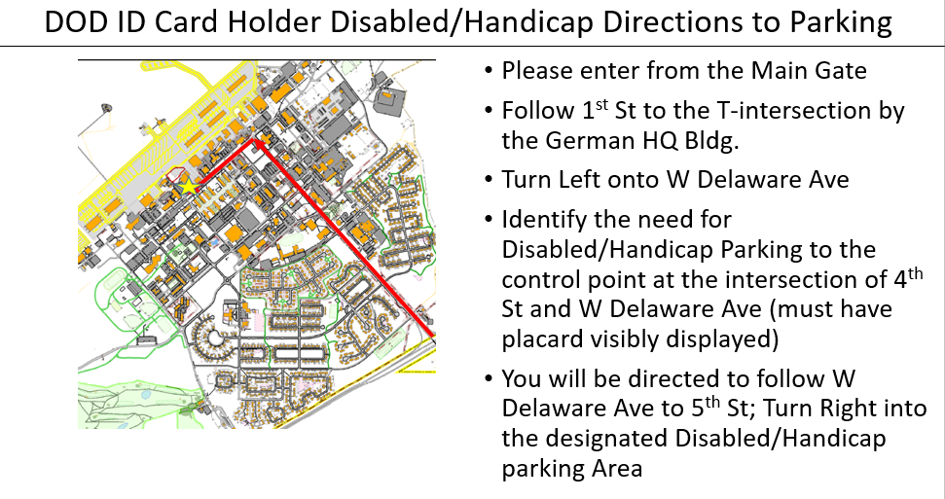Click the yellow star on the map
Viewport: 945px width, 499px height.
click(189, 186)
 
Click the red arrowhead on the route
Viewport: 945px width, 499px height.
click(256, 144)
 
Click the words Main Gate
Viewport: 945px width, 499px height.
click(809, 70)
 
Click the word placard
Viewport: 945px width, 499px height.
click(542, 339)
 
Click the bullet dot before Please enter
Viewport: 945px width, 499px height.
click(489, 71)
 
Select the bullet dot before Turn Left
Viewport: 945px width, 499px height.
click(489, 180)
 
